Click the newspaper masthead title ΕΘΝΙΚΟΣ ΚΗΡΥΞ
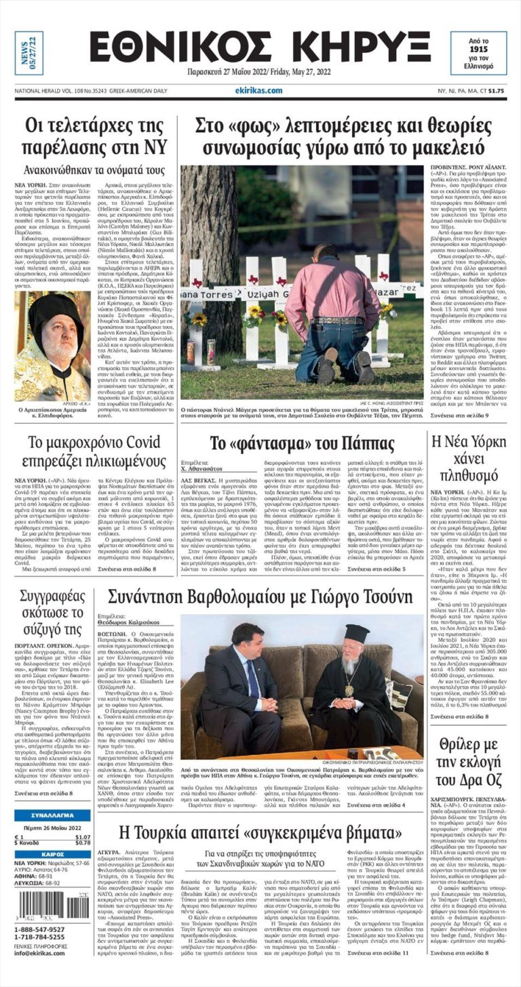[260, 49]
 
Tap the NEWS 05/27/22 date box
[28, 53]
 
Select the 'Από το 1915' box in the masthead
[478, 52]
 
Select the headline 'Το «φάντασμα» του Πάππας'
[302, 444]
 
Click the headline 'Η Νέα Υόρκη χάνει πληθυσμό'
[469, 457]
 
